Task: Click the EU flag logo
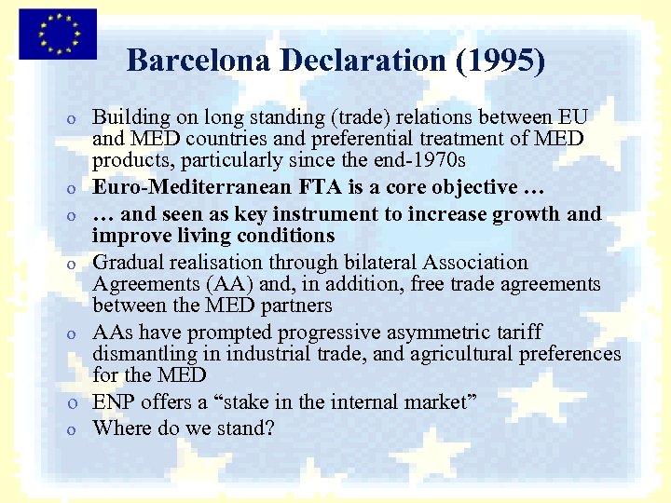pyautogui.click(x=57, y=34)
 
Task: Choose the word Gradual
pyautogui.click(x=128, y=263)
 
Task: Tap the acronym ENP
pyautogui.click(x=113, y=402)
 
